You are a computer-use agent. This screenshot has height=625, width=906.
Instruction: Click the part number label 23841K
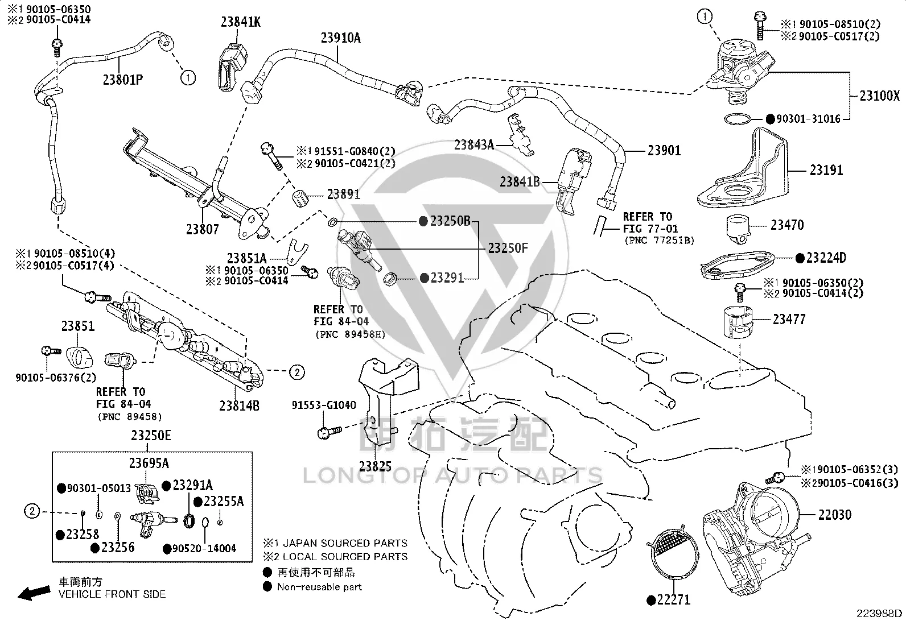click(241, 22)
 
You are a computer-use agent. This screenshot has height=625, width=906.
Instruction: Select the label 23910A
click(340, 38)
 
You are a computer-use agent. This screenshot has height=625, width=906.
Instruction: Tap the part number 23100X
click(880, 96)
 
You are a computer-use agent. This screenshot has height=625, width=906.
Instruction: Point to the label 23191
click(826, 170)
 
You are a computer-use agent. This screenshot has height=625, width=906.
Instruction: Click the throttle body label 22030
click(835, 515)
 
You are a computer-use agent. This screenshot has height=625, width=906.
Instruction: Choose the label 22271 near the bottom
click(673, 599)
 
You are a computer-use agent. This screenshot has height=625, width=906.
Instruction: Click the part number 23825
click(376, 466)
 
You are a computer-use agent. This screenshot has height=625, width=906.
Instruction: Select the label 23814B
click(240, 405)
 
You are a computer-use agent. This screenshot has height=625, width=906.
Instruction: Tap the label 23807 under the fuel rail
click(202, 229)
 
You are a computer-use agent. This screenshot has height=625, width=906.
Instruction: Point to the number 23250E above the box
click(151, 436)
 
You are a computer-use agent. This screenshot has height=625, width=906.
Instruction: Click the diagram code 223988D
click(879, 613)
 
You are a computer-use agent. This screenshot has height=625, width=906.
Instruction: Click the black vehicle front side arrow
click(34, 593)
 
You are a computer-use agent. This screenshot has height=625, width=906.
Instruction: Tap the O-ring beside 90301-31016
click(738, 119)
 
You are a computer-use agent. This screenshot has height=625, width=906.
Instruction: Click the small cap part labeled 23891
click(300, 197)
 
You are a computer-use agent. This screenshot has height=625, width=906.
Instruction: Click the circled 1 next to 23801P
click(188, 77)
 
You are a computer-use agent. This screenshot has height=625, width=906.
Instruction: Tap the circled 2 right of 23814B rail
click(297, 372)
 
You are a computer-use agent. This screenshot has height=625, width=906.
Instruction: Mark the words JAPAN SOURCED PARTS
click(345, 543)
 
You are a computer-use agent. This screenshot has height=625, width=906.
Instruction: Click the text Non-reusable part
click(319, 586)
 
